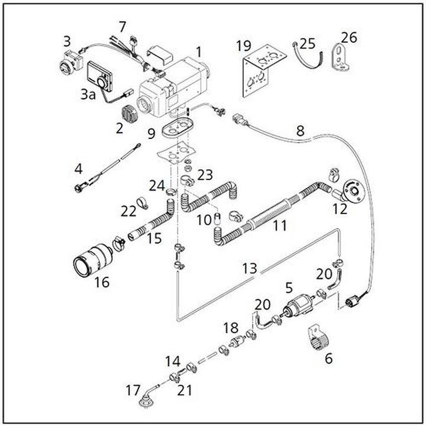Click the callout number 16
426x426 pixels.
pos(102,282)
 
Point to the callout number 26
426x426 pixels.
pos(349,38)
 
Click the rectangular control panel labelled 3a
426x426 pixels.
pos(96,76)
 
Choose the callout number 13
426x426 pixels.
pos(250,268)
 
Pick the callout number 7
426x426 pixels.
pos(122,27)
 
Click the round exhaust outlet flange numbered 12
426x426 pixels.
pos(353,189)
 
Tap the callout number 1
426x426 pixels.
pos(199,51)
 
